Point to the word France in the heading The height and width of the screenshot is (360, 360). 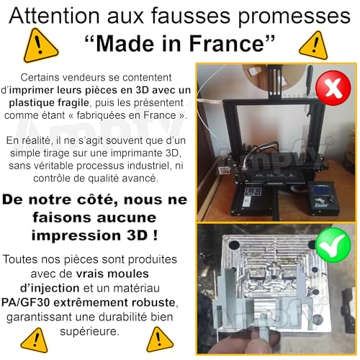click(232, 45)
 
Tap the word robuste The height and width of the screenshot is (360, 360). click(162, 300)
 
